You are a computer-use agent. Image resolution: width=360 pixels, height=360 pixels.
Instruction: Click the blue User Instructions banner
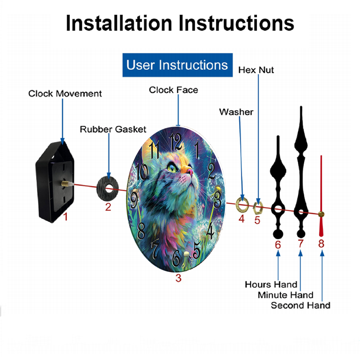[x=177, y=65]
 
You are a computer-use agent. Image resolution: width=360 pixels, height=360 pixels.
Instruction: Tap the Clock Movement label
[x=65, y=94]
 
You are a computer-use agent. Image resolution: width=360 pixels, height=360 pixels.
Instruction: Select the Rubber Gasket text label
[x=113, y=129]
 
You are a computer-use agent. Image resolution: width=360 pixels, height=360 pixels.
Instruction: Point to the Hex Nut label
[x=256, y=70]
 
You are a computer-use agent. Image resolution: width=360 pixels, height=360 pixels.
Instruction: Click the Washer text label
[x=236, y=112]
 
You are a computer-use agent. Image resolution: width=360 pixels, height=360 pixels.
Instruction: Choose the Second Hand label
[x=301, y=305]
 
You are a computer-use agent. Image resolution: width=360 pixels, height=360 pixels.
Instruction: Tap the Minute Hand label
[x=285, y=295]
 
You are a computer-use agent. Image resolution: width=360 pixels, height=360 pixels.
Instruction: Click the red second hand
[x=321, y=196]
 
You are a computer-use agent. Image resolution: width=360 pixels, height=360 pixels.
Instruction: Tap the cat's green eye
[x=172, y=168]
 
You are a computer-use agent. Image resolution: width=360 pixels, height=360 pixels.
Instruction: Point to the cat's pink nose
[x=190, y=171]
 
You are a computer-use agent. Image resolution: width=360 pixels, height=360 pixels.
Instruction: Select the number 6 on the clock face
[x=176, y=258]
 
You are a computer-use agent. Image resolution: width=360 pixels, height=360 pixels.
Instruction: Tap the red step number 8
[x=321, y=244]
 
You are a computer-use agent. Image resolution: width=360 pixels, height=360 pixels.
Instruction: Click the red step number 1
[x=66, y=217]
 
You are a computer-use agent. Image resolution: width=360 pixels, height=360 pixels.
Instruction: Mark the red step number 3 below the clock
[x=179, y=278]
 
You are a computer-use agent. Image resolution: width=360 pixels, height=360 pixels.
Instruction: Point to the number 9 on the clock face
[x=134, y=200]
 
